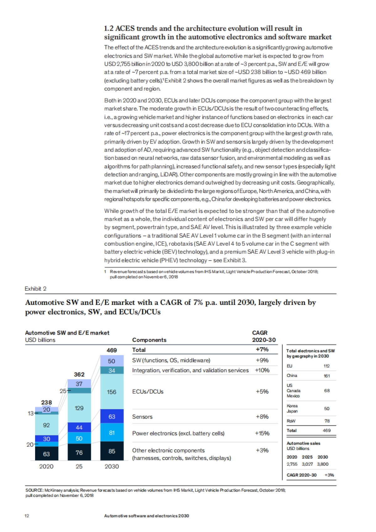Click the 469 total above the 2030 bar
tap(112, 350)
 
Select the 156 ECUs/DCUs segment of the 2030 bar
tap(112, 392)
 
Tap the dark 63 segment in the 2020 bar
tap(46, 454)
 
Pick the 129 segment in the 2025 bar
tap(79, 408)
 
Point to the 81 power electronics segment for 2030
tap(112, 433)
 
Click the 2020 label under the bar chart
tap(46, 466)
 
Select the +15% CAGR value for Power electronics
tap(262, 433)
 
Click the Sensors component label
tap(142, 417)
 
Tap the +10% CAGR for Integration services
tap(262, 370)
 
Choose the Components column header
tap(149, 340)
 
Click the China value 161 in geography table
tap(326, 376)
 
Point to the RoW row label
tap(291, 421)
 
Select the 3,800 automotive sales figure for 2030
tap(323, 464)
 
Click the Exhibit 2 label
tap(35, 289)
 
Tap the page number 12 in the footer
tap(27, 516)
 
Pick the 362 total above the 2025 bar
tap(79, 374)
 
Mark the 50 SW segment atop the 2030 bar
tap(112, 361)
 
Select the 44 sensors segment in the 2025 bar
tap(79, 427)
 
